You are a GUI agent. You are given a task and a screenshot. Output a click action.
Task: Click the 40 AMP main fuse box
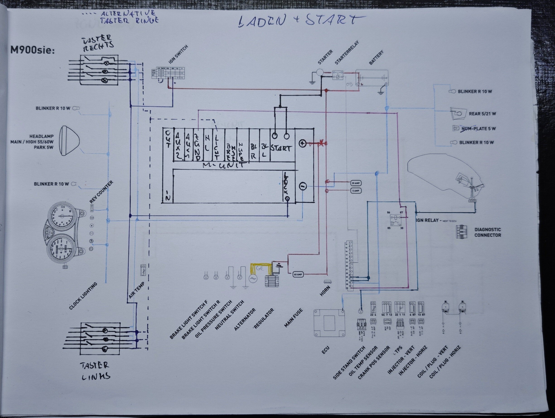(x=298, y=275)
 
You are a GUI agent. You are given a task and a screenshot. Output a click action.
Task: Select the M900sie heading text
(x=32, y=50)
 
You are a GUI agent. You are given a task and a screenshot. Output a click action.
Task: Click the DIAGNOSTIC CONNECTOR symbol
(x=461, y=232)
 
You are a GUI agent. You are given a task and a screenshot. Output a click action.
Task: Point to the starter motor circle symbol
(x=319, y=72)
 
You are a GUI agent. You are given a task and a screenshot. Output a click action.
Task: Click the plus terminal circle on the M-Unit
(x=302, y=143)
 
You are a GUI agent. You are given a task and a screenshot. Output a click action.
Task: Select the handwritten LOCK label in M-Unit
(x=286, y=186)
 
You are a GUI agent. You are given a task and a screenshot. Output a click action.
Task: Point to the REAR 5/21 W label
(x=482, y=114)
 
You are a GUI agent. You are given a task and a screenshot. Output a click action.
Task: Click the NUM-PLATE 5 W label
(x=478, y=129)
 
